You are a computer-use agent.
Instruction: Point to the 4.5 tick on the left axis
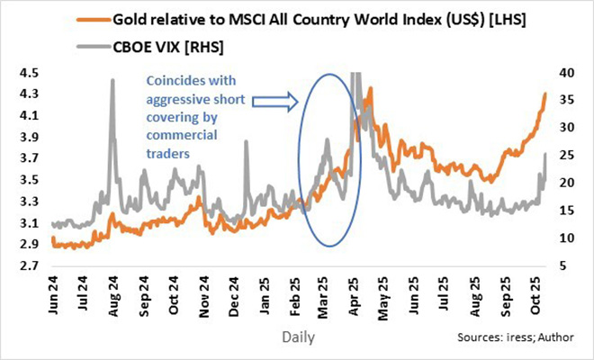[x=29, y=72]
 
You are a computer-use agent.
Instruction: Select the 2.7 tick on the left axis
[x=29, y=265]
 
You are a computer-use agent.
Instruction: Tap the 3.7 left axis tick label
[x=29, y=158]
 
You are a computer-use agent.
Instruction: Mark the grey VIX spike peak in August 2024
[x=112, y=80]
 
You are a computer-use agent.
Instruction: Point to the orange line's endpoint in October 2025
[x=544, y=94]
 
